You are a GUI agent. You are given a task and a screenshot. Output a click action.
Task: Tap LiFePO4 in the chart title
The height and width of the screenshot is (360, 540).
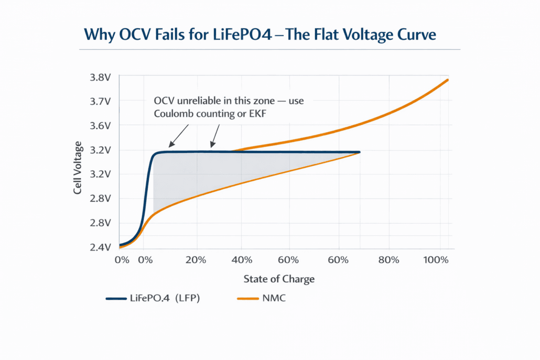(247, 35)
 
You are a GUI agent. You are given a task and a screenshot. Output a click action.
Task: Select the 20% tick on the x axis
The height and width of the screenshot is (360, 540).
(197, 260)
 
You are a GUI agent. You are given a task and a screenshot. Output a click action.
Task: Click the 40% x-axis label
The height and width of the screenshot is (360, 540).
(242, 260)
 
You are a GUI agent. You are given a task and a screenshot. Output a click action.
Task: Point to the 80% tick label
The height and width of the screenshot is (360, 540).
(388, 260)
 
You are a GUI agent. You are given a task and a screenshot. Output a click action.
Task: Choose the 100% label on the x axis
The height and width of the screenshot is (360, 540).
(436, 260)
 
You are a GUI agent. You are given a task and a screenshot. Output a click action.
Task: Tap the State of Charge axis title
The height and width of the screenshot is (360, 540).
(279, 279)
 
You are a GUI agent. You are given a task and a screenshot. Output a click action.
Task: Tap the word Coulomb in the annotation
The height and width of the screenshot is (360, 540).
(176, 114)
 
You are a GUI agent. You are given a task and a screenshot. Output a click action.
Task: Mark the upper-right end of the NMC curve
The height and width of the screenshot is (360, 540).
(447, 80)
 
